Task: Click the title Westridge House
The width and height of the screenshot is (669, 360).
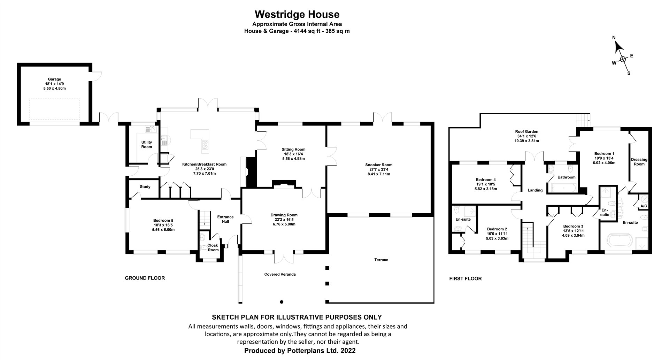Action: pyautogui.click(x=297, y=14)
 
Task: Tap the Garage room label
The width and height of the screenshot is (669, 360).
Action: pyautogui.click(x=54, y=79)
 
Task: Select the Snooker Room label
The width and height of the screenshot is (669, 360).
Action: pyautogui.click(x=379, y=165)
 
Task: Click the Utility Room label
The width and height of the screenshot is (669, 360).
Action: pyautogui.click(x=147, y=144)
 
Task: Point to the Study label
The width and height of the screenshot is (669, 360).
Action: pyautogui.click(x=145, y=187)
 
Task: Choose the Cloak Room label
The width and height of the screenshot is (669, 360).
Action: pyautogui.click(x=213, y=247)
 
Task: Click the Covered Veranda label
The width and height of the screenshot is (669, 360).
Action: pyautogui.click(x=280, y=274)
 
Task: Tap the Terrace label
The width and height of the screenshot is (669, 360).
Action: pyautogui.click(x=381, y=260)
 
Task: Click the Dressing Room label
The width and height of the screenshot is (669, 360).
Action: pyautogui.click(x=639, y=162)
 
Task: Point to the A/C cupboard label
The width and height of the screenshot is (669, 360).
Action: pyautogui.click(x=644, y=206)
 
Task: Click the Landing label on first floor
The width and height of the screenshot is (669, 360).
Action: pyautogui.click(x=535, y=190)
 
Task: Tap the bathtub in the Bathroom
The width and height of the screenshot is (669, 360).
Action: pyautogui.click(x=562, y=189)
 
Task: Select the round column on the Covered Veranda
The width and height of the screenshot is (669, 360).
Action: pyautogui.click(x=282, y=302)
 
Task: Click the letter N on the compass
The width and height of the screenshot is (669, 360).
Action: pyautogui.click(x=614, y=38)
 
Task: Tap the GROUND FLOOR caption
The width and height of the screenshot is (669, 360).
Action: pyautogui.click(x=145, y=278)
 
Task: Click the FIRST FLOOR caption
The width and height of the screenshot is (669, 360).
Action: pyautogui.click(x=465, y=278)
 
